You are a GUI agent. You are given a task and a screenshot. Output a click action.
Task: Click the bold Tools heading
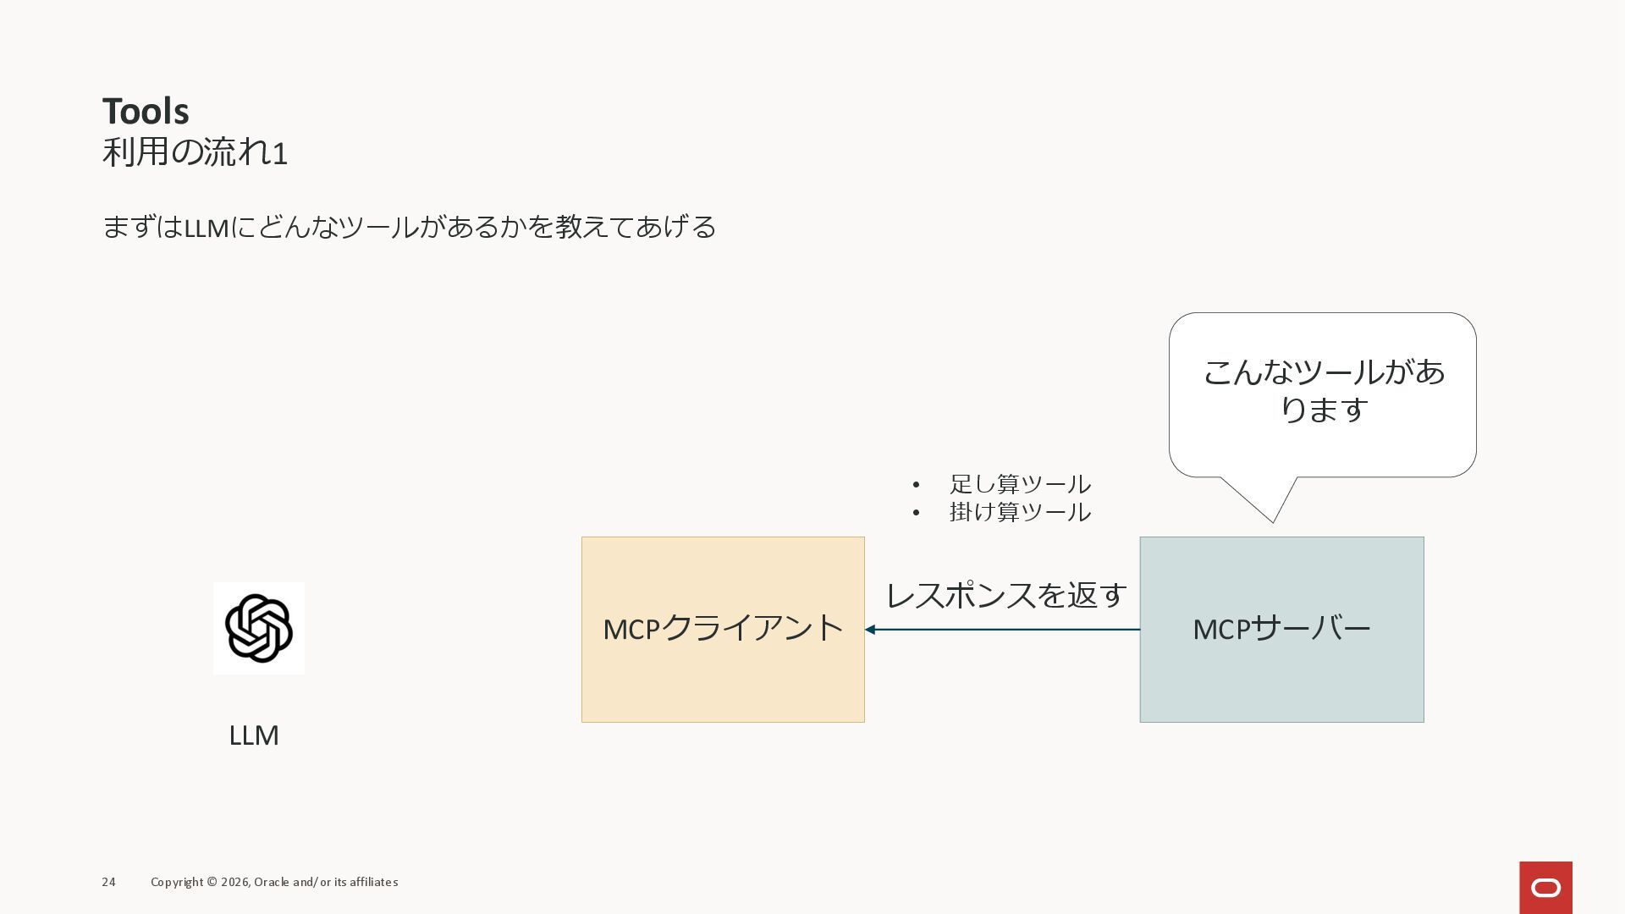[146, 112]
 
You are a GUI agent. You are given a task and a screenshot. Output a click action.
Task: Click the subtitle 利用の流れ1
[195, 153]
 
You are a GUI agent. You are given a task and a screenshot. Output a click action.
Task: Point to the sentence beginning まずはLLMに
[409, 227]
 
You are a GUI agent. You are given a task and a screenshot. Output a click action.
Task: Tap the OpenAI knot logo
[259, 628]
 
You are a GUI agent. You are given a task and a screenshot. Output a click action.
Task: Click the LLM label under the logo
[254, 735]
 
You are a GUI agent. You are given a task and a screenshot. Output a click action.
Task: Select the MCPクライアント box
[723, 669]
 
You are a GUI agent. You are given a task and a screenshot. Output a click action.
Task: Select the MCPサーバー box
[1281, 669]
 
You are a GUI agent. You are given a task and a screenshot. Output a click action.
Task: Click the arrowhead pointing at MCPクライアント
[870, 630]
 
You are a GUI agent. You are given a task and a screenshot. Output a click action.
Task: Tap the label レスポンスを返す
[1006, 595]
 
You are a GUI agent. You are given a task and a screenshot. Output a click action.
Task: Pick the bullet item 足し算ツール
[1020, 484]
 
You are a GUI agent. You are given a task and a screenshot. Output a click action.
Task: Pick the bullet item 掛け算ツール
[1020, 512]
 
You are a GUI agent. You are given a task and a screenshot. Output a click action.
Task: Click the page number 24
[108, 882]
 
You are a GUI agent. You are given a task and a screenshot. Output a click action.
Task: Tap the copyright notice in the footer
[274, 882]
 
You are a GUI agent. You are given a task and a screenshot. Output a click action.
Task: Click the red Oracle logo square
[1545, 887]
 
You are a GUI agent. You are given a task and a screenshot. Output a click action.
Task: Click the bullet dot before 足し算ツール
[916, 485]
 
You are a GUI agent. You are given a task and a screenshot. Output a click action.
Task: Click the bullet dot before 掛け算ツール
[916, 513]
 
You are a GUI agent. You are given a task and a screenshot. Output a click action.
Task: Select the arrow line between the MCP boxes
[1007, 630]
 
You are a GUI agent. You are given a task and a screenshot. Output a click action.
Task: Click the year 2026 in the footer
[234, 882]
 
